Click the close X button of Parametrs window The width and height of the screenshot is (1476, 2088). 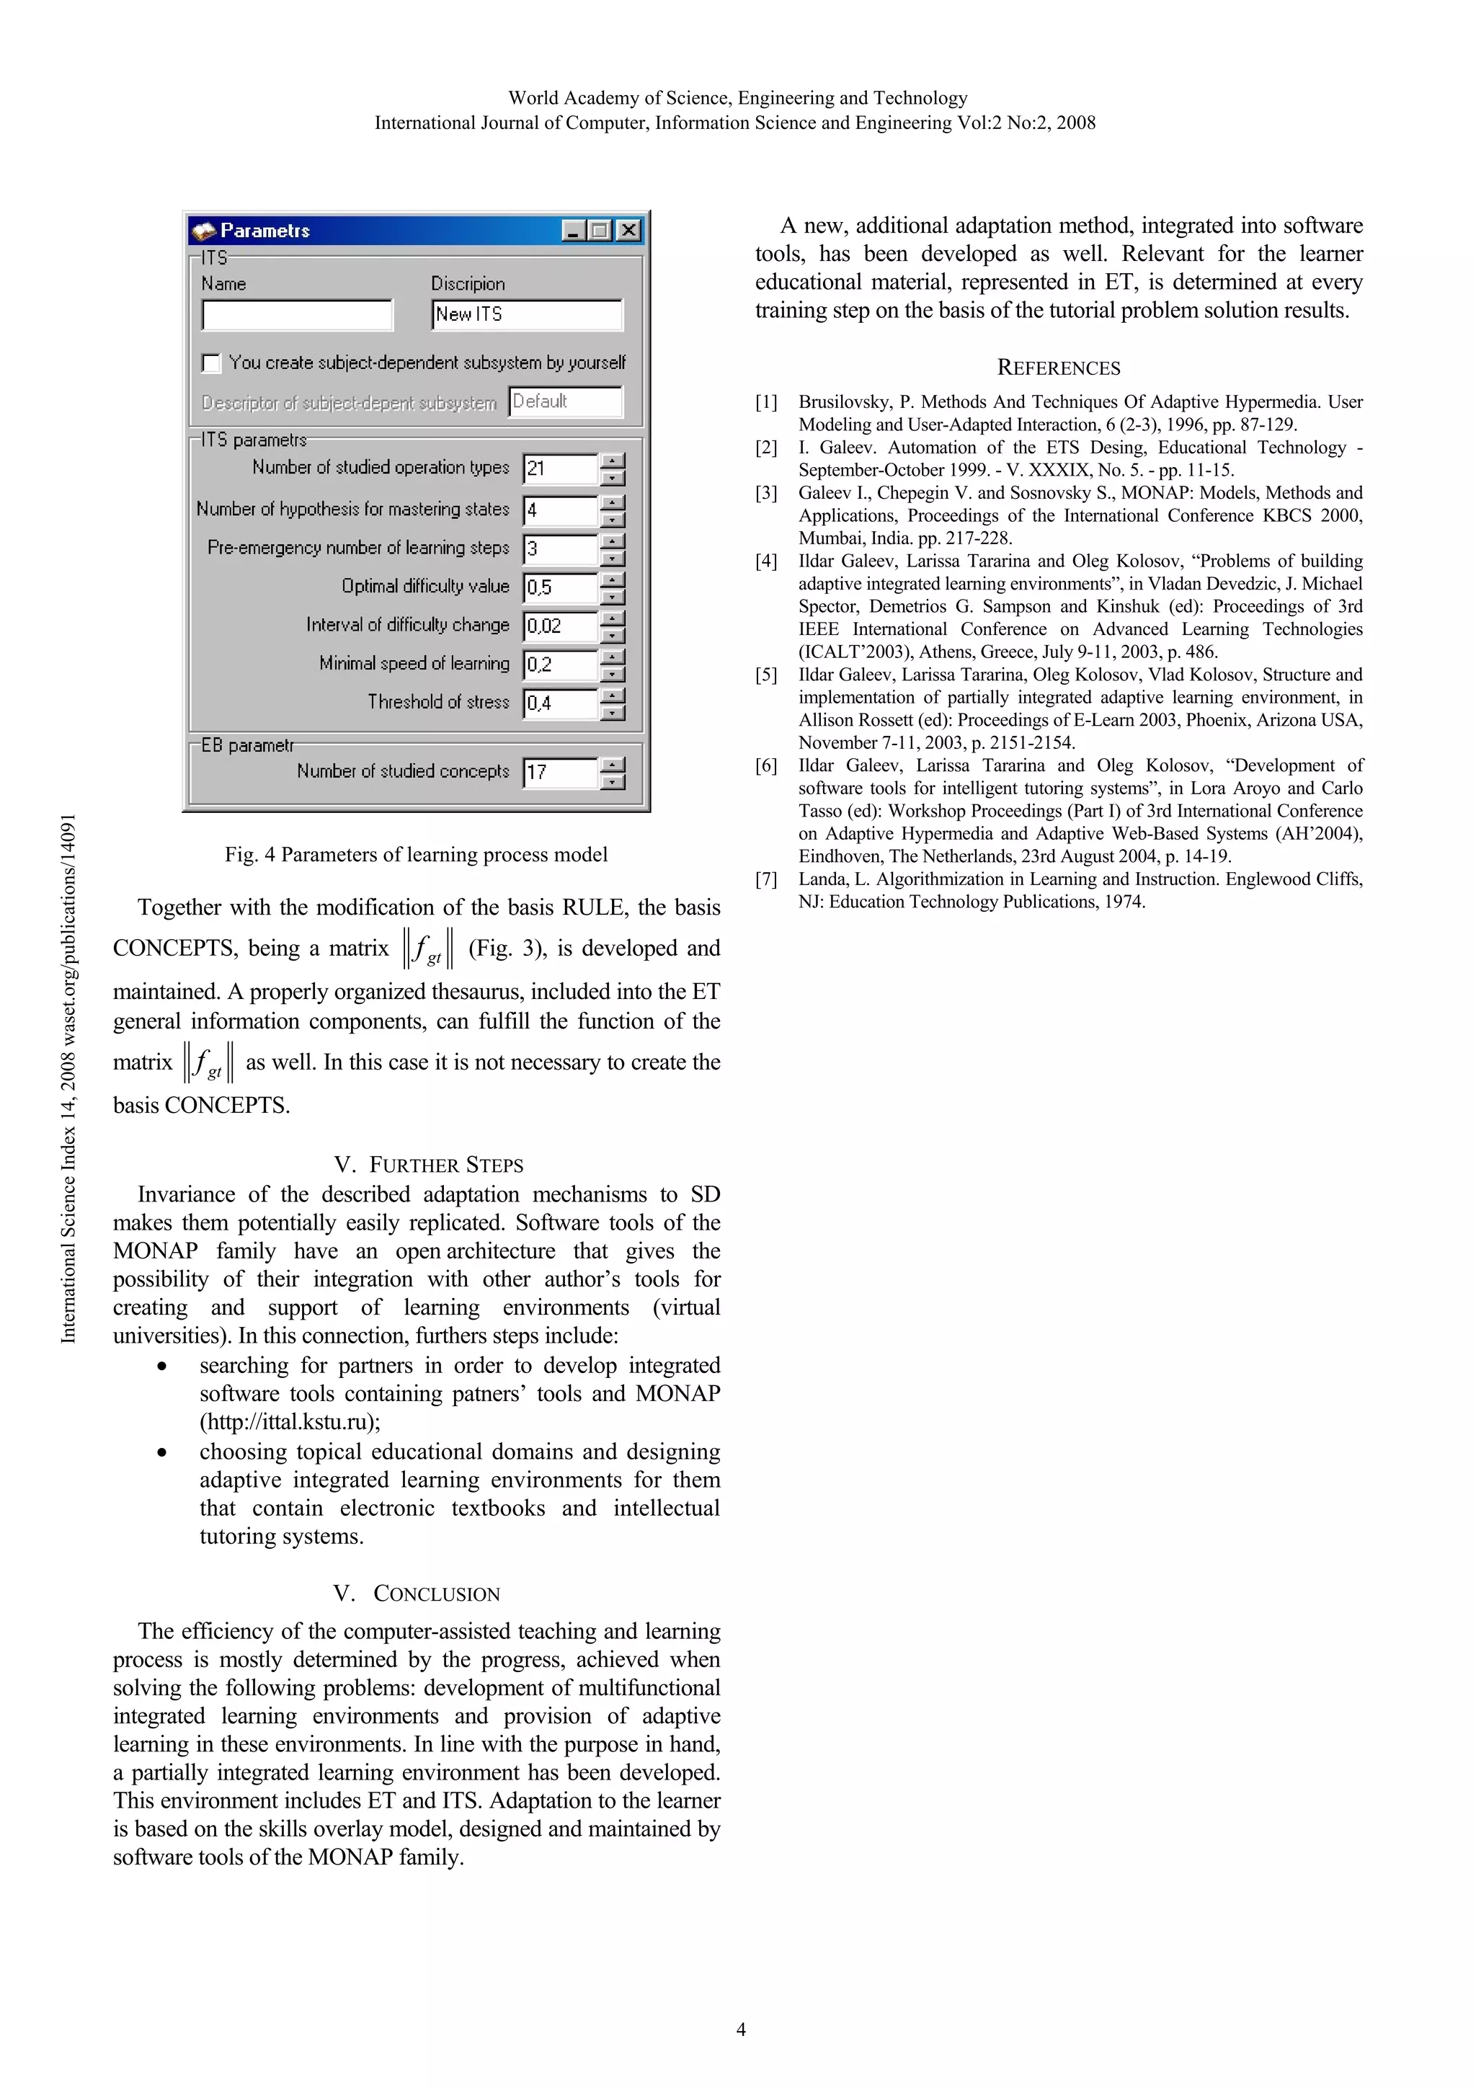(628, 231)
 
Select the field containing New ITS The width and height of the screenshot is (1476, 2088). (527, 315)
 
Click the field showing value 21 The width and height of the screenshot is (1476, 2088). (560, 469)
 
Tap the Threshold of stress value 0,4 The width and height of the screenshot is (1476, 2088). (560, 703)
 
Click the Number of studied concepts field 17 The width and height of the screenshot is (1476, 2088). (560, 773)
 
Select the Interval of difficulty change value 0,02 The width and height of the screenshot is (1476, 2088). (560, 626)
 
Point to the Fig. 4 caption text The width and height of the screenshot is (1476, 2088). (416, 855)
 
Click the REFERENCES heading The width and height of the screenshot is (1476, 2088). (1059, 368)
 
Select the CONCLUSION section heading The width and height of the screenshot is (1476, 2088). (417, 1594)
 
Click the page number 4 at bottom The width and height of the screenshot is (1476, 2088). (740, 2029)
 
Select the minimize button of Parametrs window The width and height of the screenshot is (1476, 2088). (572, 231)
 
